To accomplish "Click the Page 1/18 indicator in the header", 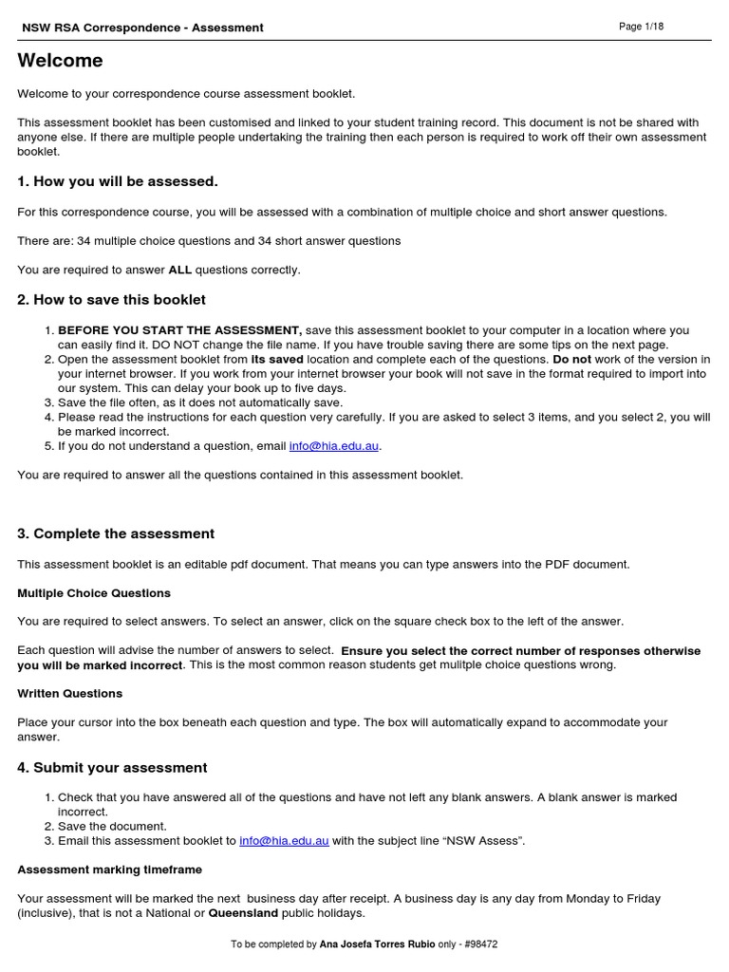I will pos(641,27).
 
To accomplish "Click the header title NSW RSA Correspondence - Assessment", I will pos(142,28).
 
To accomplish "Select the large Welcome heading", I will pos(60,61).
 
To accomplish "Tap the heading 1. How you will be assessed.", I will pos(118,181).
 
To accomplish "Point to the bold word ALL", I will pos(180,270).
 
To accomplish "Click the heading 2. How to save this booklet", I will pos(111,300).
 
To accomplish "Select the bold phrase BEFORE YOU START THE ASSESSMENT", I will pos(180,330).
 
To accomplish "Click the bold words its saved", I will pos(277,360).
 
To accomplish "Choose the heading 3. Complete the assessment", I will pos(116,533).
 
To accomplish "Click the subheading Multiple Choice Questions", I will pos(94,593).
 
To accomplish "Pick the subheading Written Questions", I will pos(69,693).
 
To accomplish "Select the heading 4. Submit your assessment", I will pos(112,767).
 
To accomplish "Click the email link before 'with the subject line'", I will pos(284,841).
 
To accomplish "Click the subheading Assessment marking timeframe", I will pos(109,869).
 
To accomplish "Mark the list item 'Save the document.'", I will pos(112,826).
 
